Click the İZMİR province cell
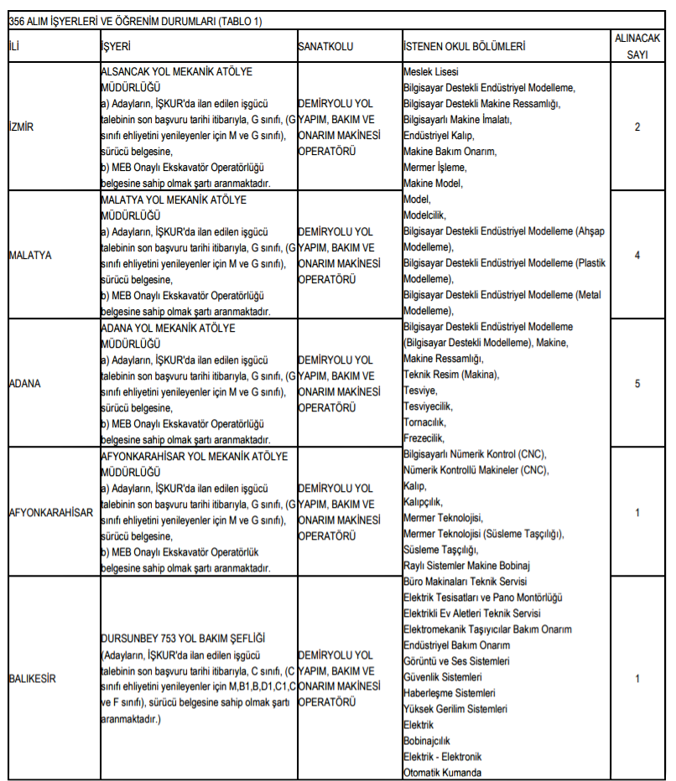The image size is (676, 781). click(x=21, y=127)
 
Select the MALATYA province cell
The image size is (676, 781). click(x=29, y=255)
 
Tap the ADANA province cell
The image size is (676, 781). click(x=24, y=383)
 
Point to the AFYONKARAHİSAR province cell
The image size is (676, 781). click(x=50, y=512)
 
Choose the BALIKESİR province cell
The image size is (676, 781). click(x=33, y=678)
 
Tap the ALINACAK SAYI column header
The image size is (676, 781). click(x=637, y=46)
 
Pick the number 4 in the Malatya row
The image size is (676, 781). click(x=637, y=255)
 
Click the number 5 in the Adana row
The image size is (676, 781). click(x=637, y=383)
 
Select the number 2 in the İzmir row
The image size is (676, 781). click(x=637, y=127)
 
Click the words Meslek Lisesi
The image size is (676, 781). click(x=431, y=72)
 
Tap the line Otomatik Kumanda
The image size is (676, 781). click(x=443, y=773)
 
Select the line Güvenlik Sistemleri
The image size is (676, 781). click(x=443, y=677)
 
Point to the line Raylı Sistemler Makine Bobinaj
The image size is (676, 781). click(x=467, y=566)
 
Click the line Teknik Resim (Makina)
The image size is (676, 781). click(x=450, y=375)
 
